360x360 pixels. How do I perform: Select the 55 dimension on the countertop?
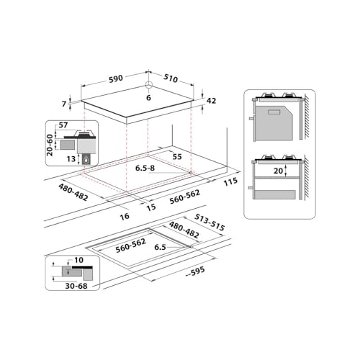178,156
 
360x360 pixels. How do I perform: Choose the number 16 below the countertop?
124,215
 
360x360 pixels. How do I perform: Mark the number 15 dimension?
152,207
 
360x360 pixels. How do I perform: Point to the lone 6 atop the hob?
148,99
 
